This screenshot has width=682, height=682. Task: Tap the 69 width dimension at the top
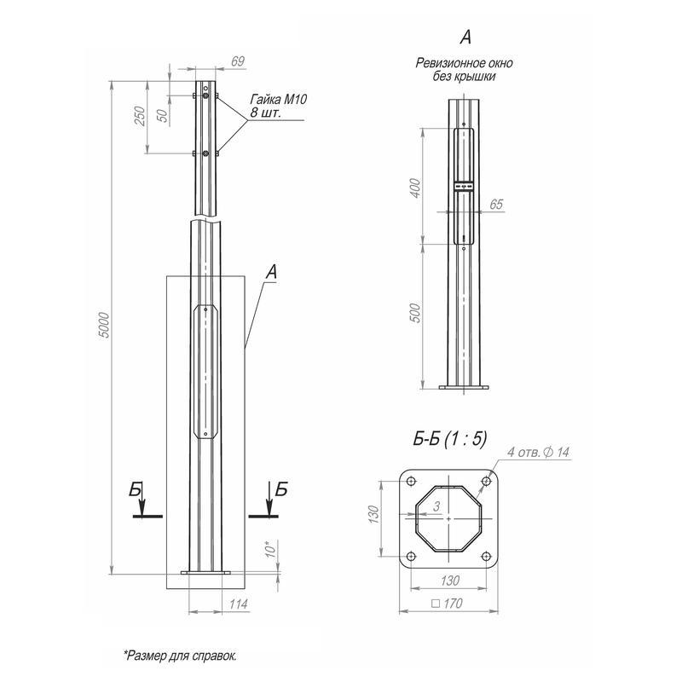point(237,61)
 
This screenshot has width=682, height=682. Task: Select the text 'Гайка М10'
point(278,100)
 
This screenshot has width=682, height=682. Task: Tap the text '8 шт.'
point(266,113)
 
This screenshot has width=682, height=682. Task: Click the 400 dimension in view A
point(416,188)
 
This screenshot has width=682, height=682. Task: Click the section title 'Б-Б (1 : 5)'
point(449,439)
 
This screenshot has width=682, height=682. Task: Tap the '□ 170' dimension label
point(448,603)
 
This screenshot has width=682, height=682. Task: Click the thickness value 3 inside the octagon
point(436,507)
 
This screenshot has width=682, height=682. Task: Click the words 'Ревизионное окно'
point(465,64)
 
